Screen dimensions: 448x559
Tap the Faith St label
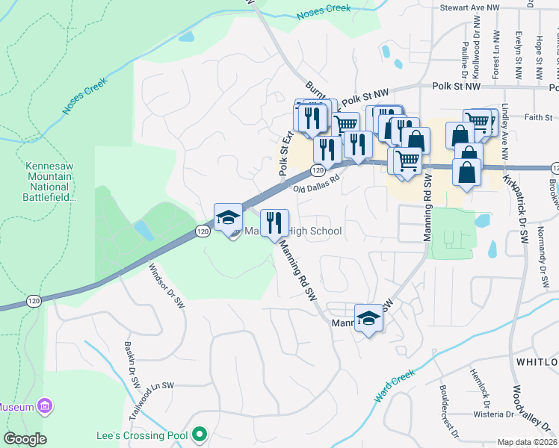point(538,117)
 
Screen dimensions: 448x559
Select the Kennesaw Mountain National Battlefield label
point(51,181)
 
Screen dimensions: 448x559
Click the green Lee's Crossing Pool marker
point(199,433)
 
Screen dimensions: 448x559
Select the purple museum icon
point(45,407)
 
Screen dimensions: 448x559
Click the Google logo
point(25,439)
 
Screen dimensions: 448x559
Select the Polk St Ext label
point(285,152)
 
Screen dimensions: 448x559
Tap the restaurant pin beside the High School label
point(274,221)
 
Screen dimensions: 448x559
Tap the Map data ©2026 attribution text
point(527,442)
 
